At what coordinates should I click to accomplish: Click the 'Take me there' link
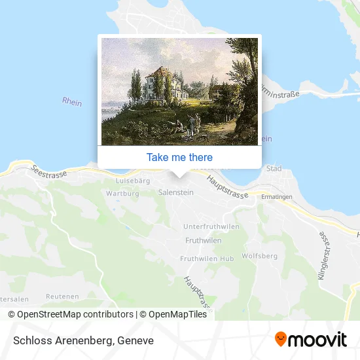(179, 157)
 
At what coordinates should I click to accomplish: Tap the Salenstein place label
(175, 192)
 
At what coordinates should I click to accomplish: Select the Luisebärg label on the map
(133, 179)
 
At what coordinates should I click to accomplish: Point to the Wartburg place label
(122, 193)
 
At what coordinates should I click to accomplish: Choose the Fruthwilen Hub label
(207, 259)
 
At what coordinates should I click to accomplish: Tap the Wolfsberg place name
(261, 255)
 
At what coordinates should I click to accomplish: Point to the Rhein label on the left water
(71, 101)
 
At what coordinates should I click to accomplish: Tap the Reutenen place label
(63, 296)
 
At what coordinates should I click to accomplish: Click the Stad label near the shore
(274, 169)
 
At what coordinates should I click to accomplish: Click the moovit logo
(310, 340)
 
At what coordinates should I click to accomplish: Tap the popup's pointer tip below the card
(179, 175)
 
